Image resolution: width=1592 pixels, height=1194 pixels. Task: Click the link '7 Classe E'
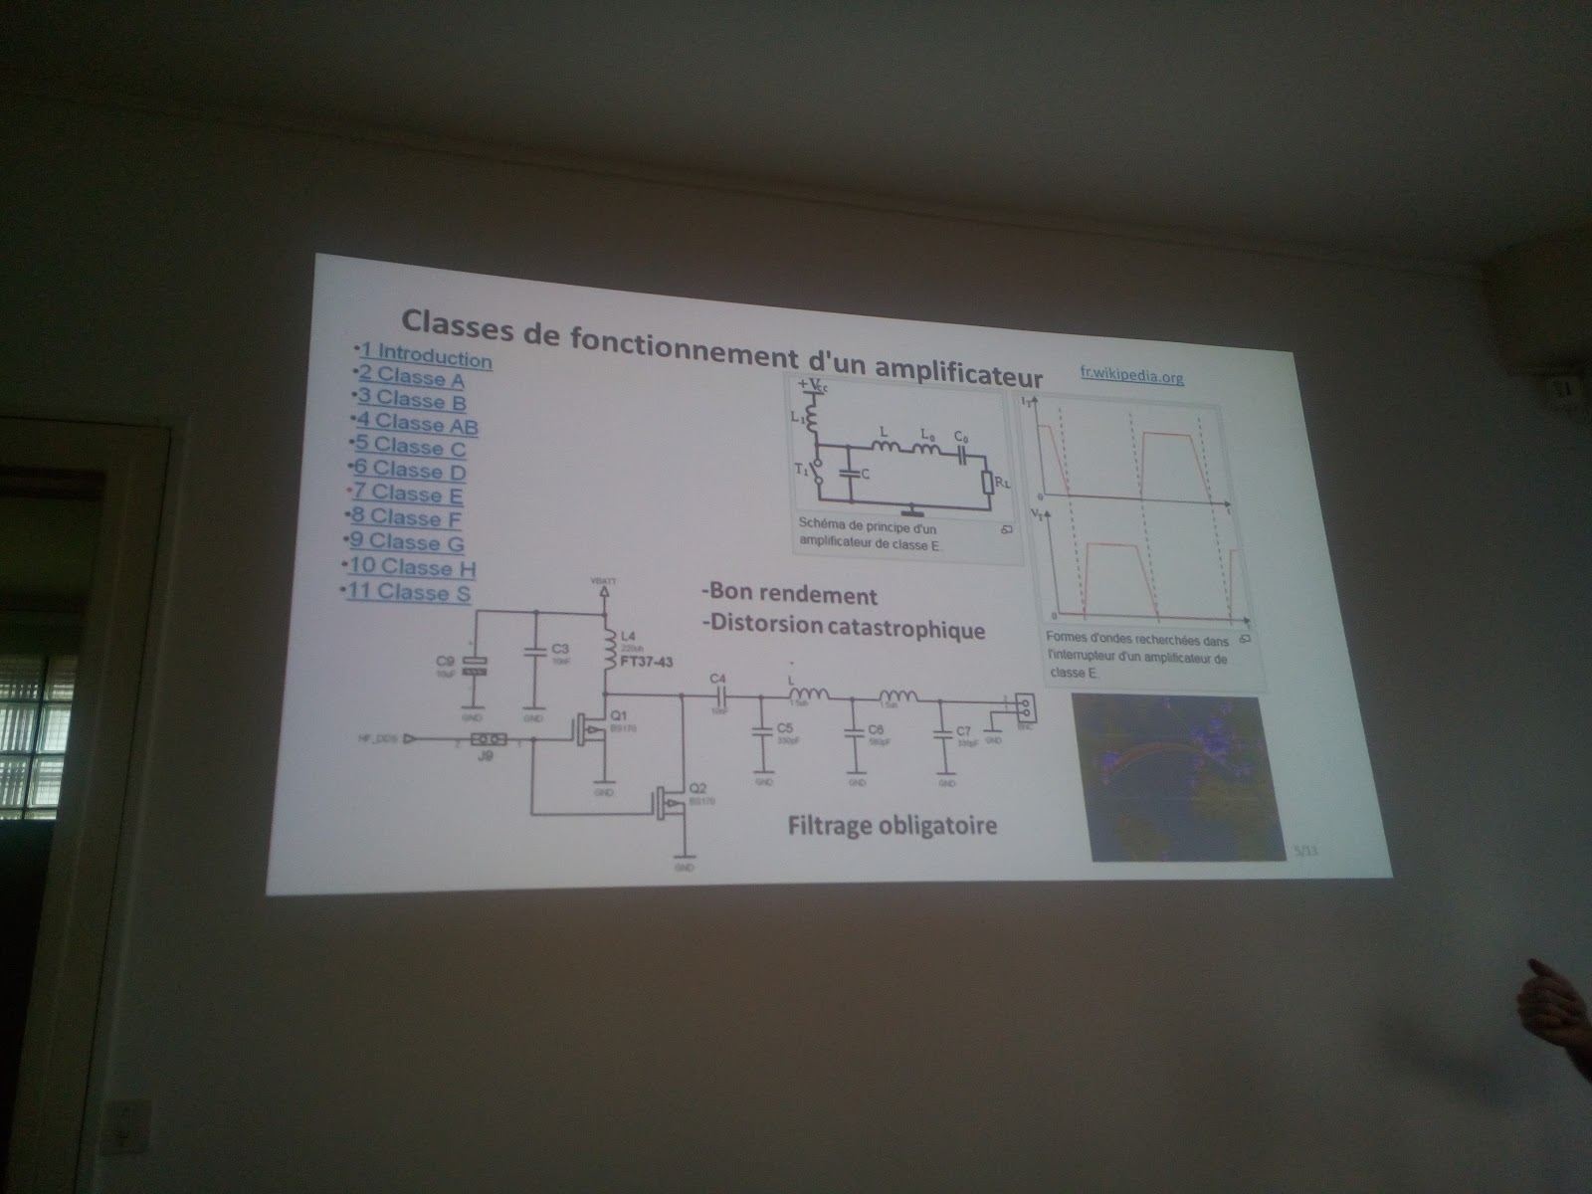coord(408,495)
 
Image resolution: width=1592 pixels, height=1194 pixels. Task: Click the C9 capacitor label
coord(445,660)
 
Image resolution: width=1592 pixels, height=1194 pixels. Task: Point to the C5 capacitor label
coord(783,727)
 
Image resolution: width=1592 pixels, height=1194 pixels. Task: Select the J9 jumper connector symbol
coord(490,739)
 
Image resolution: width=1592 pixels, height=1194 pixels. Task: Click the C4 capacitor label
coord(716,679)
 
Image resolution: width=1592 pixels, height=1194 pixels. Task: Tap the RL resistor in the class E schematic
coord(986,482)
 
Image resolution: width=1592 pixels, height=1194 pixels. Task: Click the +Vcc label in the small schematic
coord(808,384)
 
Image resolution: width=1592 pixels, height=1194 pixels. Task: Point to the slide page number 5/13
coord(1304,851)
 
